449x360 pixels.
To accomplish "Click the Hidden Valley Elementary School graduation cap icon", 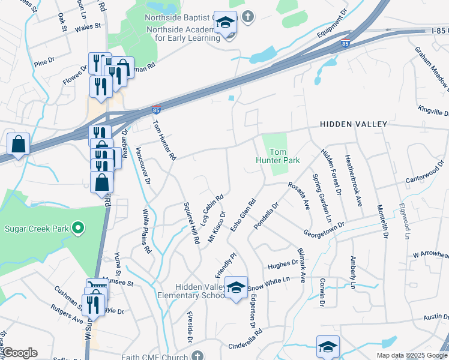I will click(237, 287).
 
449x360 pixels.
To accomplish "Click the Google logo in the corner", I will click(20, 353).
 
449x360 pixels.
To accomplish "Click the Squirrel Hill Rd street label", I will click(191, 223).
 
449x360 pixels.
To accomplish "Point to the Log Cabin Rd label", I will click(212, 209).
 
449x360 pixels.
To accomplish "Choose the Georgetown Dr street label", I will click(324, 229).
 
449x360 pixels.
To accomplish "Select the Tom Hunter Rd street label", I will click(164, 140).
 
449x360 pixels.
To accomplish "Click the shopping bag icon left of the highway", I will click(19, 145).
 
